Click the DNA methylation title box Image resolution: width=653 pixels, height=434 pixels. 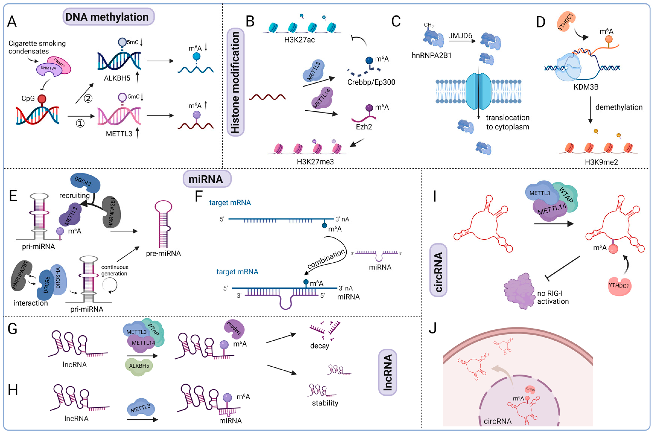coord(108,17)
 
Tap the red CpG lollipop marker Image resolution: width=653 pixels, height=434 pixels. coord(42,99)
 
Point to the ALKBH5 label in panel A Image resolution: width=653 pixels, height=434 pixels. coord(117,78)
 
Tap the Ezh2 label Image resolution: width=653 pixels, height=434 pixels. coord(364,127)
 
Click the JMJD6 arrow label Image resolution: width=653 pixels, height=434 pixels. coord(460,35)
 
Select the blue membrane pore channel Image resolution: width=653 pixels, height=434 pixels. coord(478,91)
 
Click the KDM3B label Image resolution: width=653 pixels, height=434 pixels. coord(586,87)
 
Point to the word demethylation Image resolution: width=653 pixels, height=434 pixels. coord(619,107)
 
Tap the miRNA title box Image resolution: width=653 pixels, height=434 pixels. coord(206,179)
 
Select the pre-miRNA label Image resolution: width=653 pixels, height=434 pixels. coord(163,253)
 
